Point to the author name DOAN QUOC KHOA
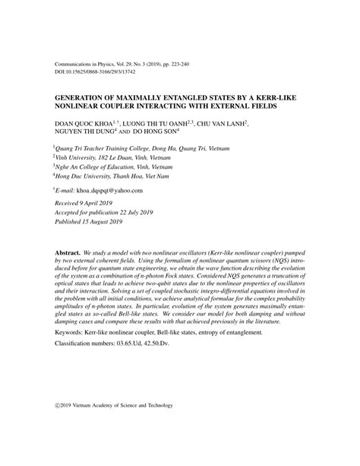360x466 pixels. [79, 122]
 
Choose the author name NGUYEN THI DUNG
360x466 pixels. [85, 132]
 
